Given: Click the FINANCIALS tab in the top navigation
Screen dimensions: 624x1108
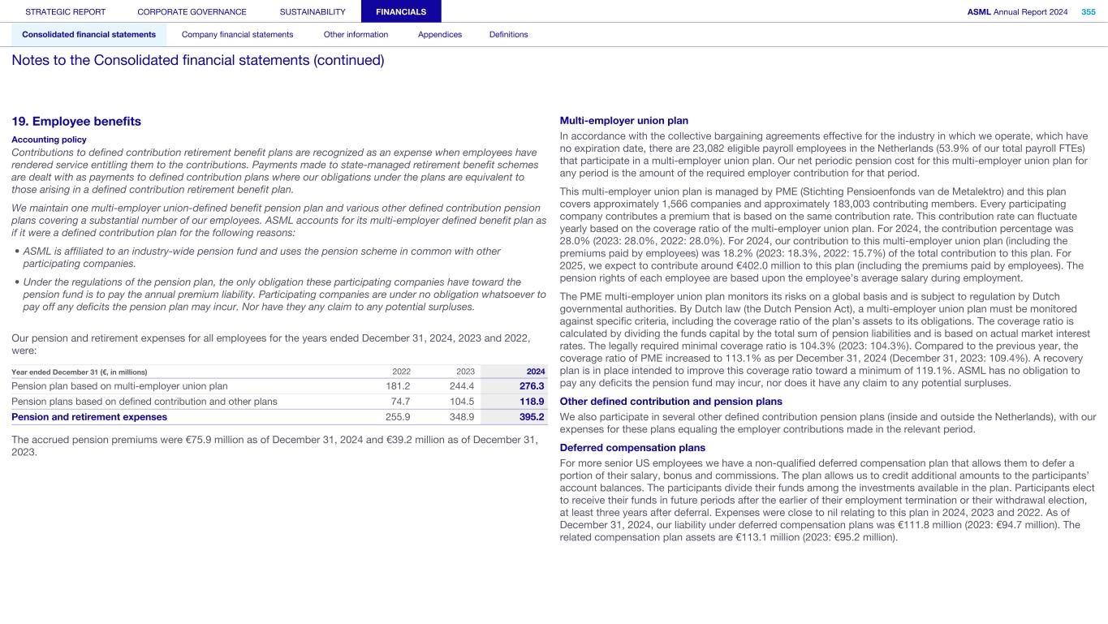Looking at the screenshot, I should pyautogui.click(x=401, y=11).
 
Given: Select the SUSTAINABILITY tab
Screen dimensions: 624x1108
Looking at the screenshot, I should pyautogui.click(x=313, y=11).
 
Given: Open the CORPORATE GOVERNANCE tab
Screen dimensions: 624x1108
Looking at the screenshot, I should pyautogui.click(x=192, y=11).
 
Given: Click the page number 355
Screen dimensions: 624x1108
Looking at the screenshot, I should pyautogui.click(x=1088, y=11).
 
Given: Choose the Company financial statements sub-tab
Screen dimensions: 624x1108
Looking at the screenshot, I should pyautogui.click(x=237, y=34).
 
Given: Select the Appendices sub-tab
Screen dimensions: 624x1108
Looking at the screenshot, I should pyautogui.click(x=439, y=34).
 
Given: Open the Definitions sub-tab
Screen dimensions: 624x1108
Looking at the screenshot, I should pyautogui.click(x=508, y=34).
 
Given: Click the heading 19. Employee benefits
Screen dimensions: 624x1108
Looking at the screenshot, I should pyautogui.click(x=76, y=122).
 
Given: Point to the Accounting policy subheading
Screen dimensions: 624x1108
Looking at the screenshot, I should pyautogui.click(x=49, y=140).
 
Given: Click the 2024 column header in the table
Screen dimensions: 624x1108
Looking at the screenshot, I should pyautogui.click(x=535, y=372).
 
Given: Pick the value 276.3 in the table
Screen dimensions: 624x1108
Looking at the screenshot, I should pyautogui.click(x=531, y=386).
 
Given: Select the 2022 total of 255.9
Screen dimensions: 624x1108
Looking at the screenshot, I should pyautogui.click(x=398, y=417).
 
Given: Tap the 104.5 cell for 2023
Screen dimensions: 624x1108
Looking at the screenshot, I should pyautogui.click(x=462, y=402).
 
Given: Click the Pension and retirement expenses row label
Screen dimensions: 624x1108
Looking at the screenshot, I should pyautogui.click(x=89, y=417).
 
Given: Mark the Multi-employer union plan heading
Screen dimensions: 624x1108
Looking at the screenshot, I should pyautogui.click(x=623, y=121).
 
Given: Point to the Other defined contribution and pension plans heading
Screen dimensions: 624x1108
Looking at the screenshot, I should pyautogui.click(x=670, y=402).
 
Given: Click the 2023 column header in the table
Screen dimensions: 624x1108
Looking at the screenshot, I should pyautogui.click(x=465, y=372).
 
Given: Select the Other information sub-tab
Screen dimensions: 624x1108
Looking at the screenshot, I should pyautogui.click(x=356, y=34).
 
